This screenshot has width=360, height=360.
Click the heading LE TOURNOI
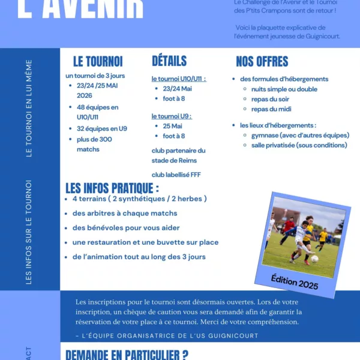point(98,62)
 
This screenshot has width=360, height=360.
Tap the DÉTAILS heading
point(169,61)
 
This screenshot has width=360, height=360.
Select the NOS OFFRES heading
point(262,62)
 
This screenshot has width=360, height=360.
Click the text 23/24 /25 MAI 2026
point(97,91)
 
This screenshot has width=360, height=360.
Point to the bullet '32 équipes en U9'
point(102,128)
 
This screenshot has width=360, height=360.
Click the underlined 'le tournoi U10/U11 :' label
point(179,79)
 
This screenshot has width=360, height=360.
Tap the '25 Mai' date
point(172,126)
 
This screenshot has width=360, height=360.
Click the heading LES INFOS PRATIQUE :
point(112,188)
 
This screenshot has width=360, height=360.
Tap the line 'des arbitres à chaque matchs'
point(125,213)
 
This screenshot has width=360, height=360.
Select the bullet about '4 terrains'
point(139,199)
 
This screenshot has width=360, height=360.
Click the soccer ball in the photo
point(314,259)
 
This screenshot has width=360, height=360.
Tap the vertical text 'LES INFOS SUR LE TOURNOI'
point(29,232)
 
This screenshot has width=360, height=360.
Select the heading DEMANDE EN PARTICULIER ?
point(127,354)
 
